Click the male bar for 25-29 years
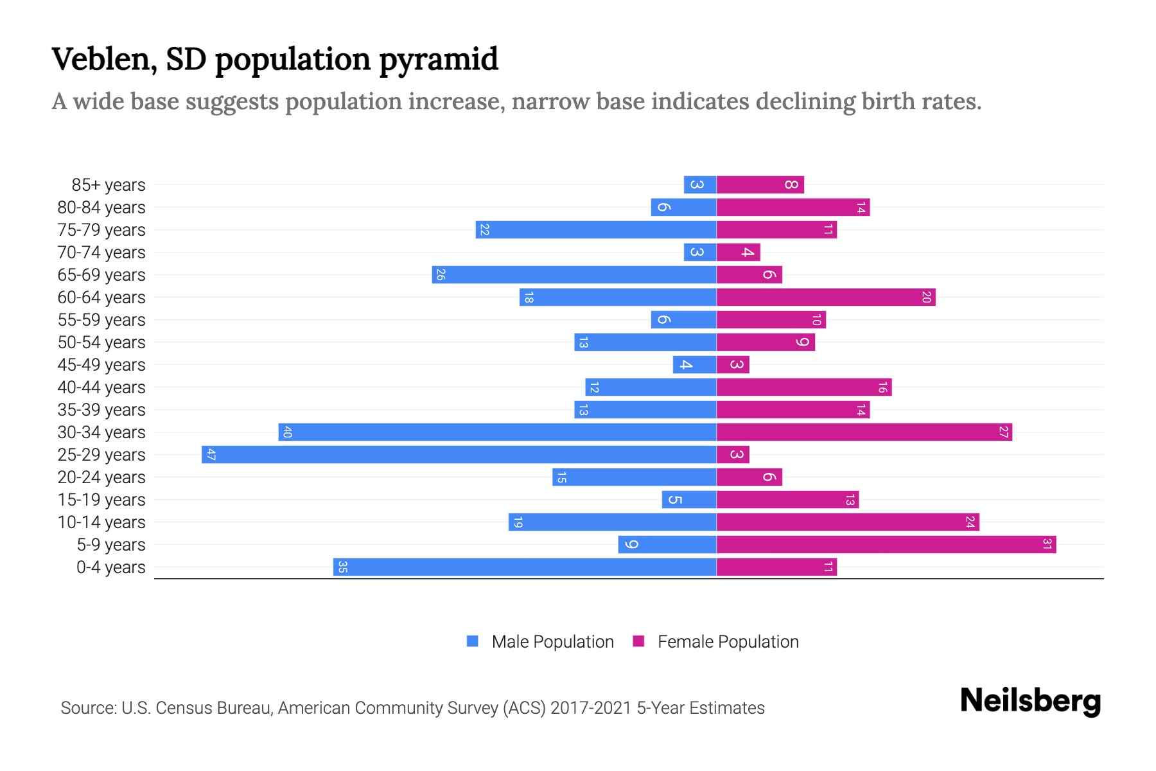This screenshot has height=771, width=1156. pos(459,455)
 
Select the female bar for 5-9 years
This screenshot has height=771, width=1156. pos(886,545)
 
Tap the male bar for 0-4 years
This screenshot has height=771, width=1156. pos(525,567)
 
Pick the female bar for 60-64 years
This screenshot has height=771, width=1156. pos(826,297)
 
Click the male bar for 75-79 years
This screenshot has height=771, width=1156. pos(596,230)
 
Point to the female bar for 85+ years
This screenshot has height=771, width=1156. pos(760,185)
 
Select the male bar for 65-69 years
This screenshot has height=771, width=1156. pos(574,275)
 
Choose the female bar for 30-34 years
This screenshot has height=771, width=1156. pos(864,432)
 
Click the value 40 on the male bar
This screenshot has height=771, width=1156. pos(287,432)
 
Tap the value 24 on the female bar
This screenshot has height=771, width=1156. pos(970,522)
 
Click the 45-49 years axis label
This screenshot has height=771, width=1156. pos(101,365)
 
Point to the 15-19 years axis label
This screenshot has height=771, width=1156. pos(101,500)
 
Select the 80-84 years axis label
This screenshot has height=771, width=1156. pos(101,208)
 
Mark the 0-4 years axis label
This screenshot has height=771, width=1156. pos(110,567)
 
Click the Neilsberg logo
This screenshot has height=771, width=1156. pos(1030,701)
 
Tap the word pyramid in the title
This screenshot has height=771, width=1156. pos(438,60)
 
